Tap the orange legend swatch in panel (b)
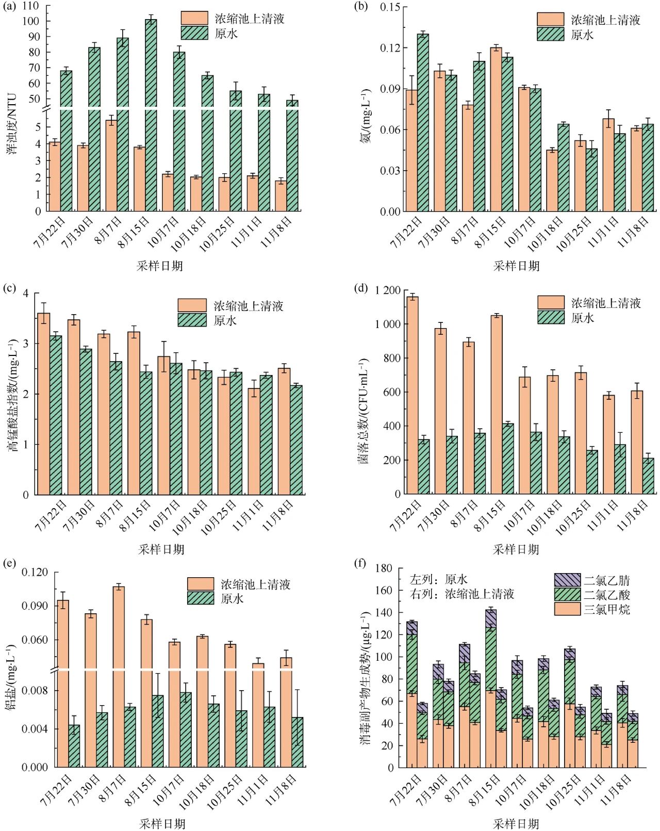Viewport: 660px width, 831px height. pos(550,20)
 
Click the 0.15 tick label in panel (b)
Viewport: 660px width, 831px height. pos(390,7)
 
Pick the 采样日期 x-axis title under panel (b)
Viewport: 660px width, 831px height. pos(516,266)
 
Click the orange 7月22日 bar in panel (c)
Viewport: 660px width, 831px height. pos(44,403)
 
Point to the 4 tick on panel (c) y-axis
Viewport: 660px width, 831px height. pos(26,293)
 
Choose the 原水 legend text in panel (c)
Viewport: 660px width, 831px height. pos(225,320)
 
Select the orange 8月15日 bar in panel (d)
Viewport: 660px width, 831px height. pos(497,404)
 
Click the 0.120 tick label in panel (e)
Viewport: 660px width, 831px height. pos(35,572)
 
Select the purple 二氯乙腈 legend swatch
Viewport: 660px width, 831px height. pos(567,580)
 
